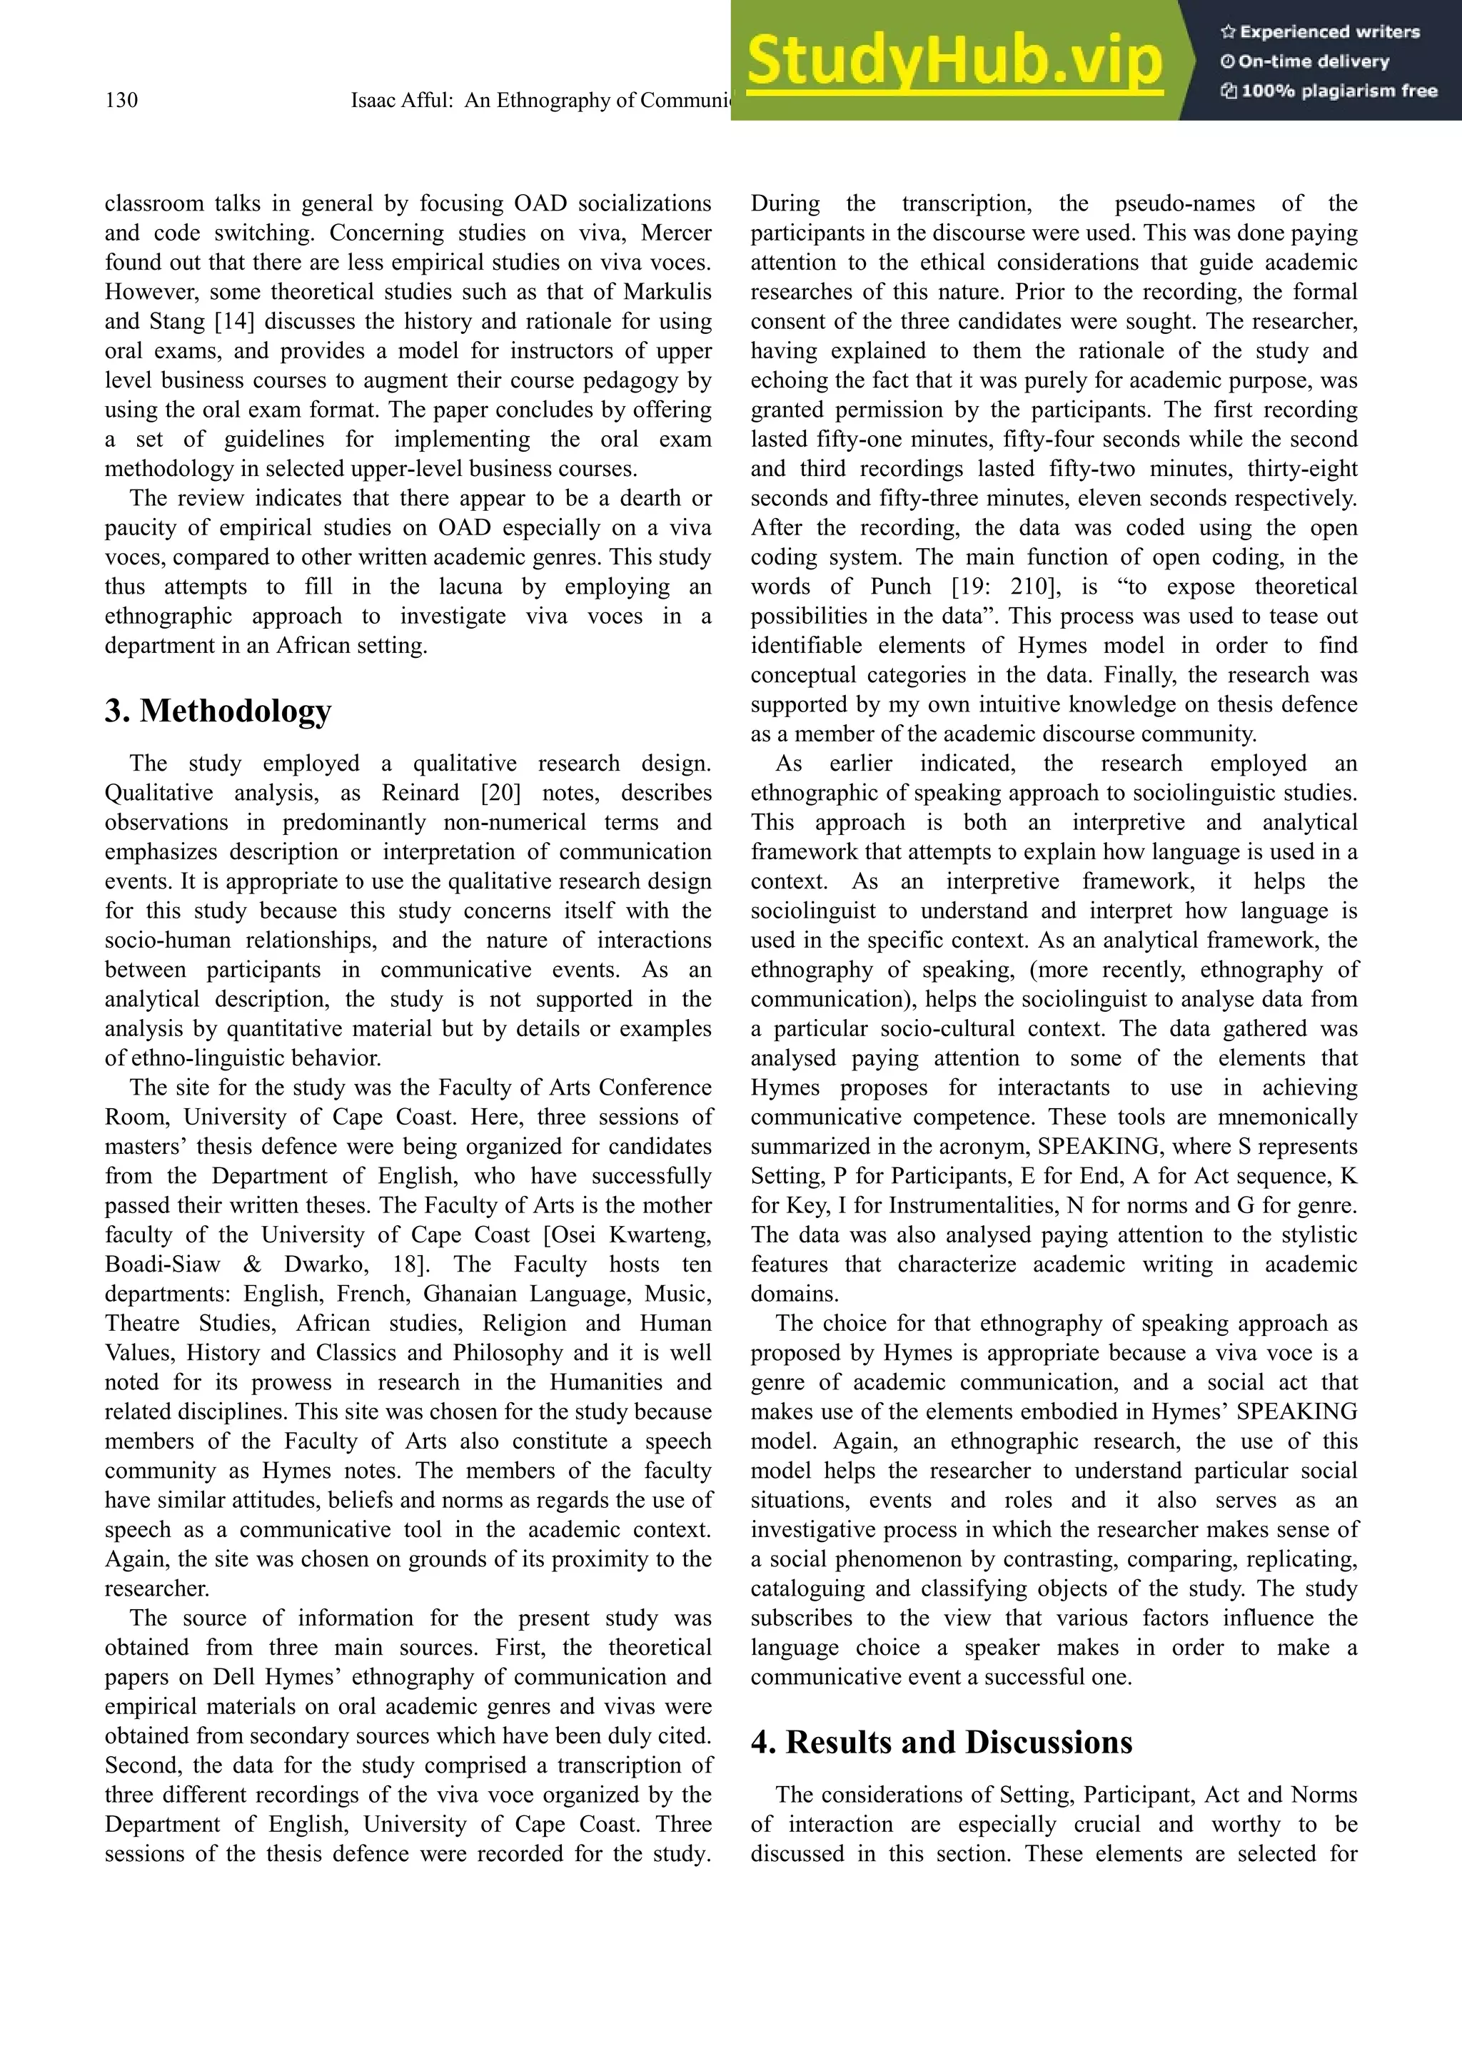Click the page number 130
121,100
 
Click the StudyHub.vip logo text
954,61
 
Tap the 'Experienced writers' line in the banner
1321,31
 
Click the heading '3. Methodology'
218,711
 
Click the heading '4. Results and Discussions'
942,1742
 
